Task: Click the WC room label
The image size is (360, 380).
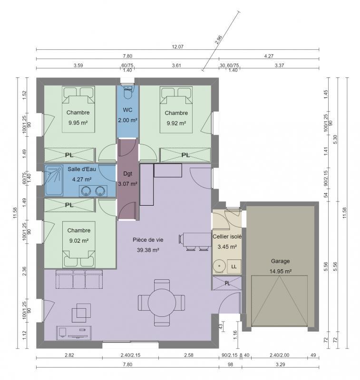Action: (x=127, y=110)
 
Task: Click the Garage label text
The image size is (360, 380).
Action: (x=280, y=261)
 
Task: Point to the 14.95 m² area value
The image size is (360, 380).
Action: (x=281, y=271)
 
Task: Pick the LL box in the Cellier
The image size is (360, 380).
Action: (x=234, y=267)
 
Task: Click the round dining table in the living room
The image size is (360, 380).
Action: (x=161, y=301)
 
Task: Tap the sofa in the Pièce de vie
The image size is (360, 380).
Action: (x=79, y=279)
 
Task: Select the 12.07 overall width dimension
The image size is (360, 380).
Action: (x=177, y=47)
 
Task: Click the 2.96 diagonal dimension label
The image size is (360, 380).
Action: (x=218, y=40)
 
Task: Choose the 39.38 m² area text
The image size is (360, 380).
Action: (x=148, y=250)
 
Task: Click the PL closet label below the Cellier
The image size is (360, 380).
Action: (x=227, y=284)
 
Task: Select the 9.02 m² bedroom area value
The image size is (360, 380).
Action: (x=79, y=240)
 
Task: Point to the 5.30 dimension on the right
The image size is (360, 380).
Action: (x=336, y=138)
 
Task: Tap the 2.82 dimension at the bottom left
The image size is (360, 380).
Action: (x=69, y=355)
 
